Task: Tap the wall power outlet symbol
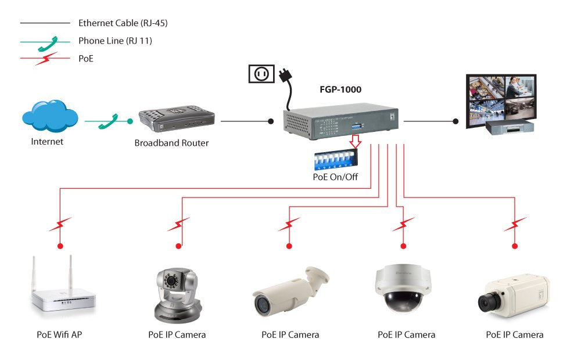click(x=261, y=74)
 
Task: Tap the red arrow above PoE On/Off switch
click(x=356, y=142)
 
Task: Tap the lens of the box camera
click(x=487, y=302)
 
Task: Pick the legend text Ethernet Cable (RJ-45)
click(x=123, y=23)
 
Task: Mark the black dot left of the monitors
click(x=456, y=121)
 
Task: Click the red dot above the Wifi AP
click(x=59, y=246)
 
